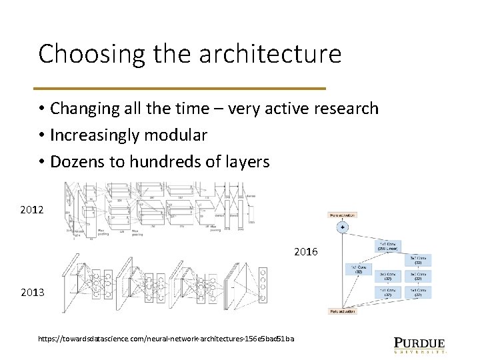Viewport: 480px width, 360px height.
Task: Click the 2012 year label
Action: point(32,210)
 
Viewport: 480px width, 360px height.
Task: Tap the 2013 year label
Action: point(32,293)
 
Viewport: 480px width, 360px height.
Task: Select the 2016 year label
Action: point(306,252)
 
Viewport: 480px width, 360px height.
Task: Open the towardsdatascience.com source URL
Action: point(166,339)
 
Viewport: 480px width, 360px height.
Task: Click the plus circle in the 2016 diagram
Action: point(343,227)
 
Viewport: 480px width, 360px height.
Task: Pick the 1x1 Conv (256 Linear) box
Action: point(389,246)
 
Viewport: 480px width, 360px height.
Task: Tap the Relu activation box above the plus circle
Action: point(343,215)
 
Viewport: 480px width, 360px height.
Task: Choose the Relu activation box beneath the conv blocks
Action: point(343,311)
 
